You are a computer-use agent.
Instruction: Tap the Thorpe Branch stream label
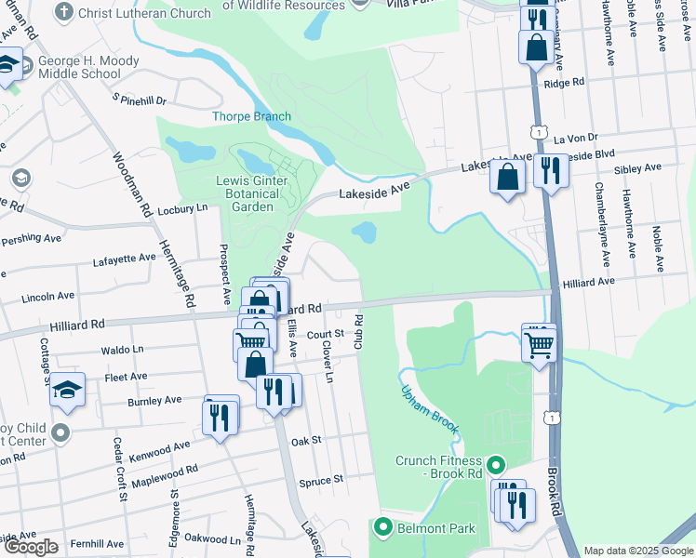point(251,116)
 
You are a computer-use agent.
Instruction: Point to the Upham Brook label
point(431,412)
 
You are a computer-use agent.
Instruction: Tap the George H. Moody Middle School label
point(89,68)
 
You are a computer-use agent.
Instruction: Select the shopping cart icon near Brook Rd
point(539,346)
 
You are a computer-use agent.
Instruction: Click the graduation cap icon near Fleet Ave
point(67,390)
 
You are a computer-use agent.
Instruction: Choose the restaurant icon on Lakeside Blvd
point(551,171)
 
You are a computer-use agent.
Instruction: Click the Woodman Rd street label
point(132,186)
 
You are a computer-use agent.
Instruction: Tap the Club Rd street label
point(357,331)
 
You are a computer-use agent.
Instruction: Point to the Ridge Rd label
point(564,83)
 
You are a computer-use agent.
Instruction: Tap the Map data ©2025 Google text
point(638,551)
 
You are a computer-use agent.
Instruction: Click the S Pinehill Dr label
point(139,99)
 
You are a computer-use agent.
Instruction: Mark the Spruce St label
point(322,480)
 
